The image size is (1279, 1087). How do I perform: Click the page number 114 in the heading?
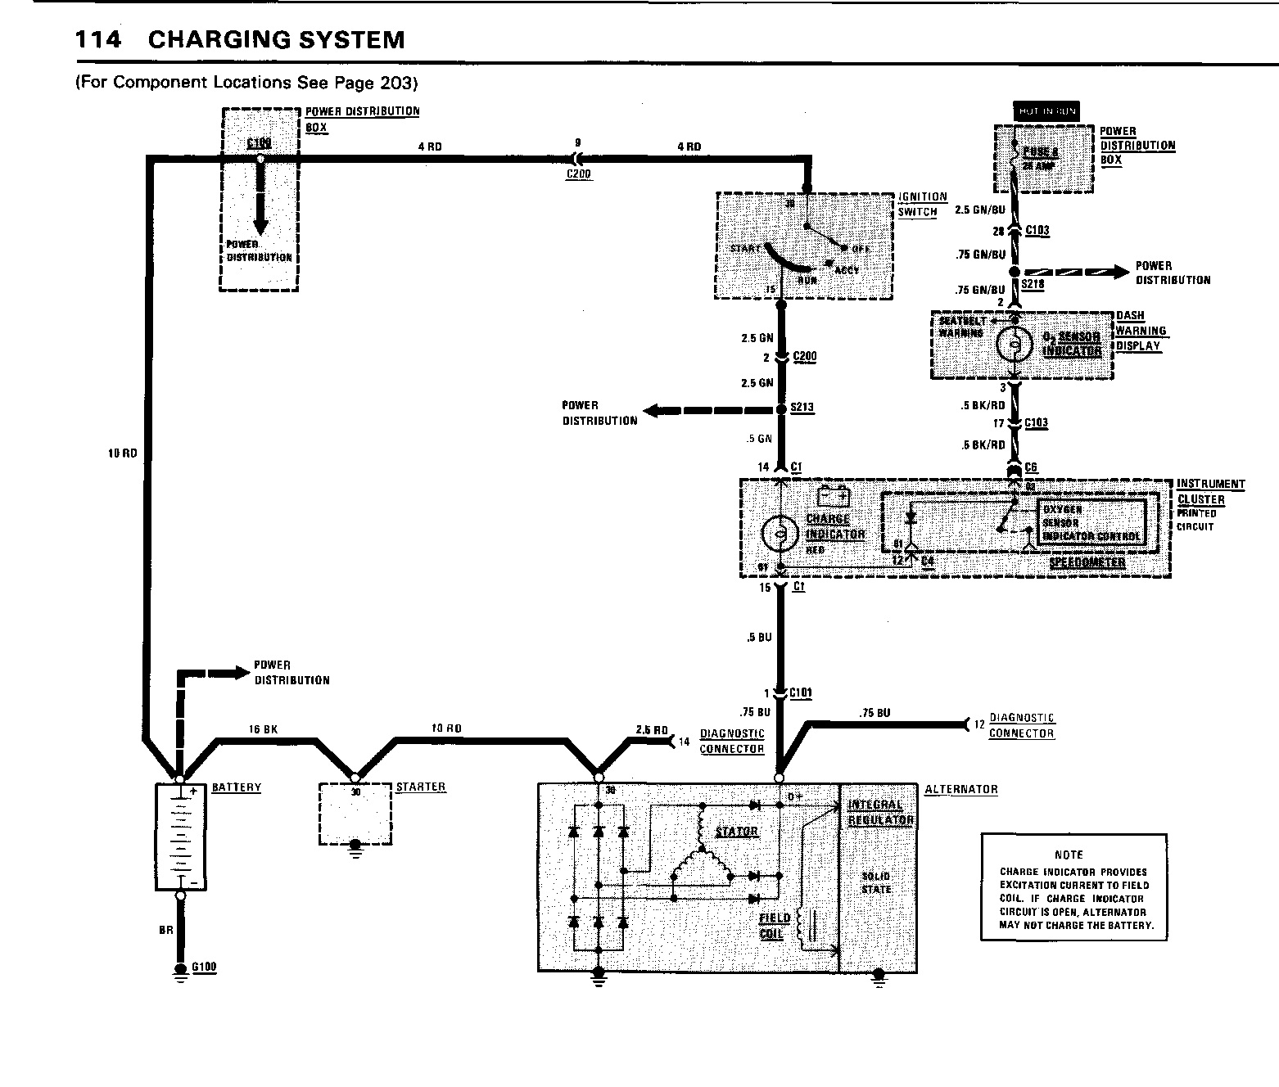[x=97, y=40]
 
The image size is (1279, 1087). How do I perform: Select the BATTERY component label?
[x=237, y=787]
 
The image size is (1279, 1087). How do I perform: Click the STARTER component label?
[x=421, y=787]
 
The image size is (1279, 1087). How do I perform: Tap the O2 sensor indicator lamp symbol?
[x=1013, y=343]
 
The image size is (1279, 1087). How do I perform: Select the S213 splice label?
[x=802, y=407]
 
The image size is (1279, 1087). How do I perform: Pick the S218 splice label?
[x=1033, y=285]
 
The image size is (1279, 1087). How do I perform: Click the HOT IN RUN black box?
[x=1046, y=111]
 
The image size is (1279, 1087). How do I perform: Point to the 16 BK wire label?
[x=265, y=728]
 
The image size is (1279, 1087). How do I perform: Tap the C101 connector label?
[x=801, y=693]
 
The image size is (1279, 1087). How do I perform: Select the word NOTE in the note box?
[x=1069, y=855]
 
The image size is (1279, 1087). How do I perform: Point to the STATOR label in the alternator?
[x=737, y=832]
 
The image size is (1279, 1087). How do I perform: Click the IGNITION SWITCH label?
[x=922, y=204]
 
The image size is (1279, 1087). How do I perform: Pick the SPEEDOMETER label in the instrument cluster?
[x=1087, y=563]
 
